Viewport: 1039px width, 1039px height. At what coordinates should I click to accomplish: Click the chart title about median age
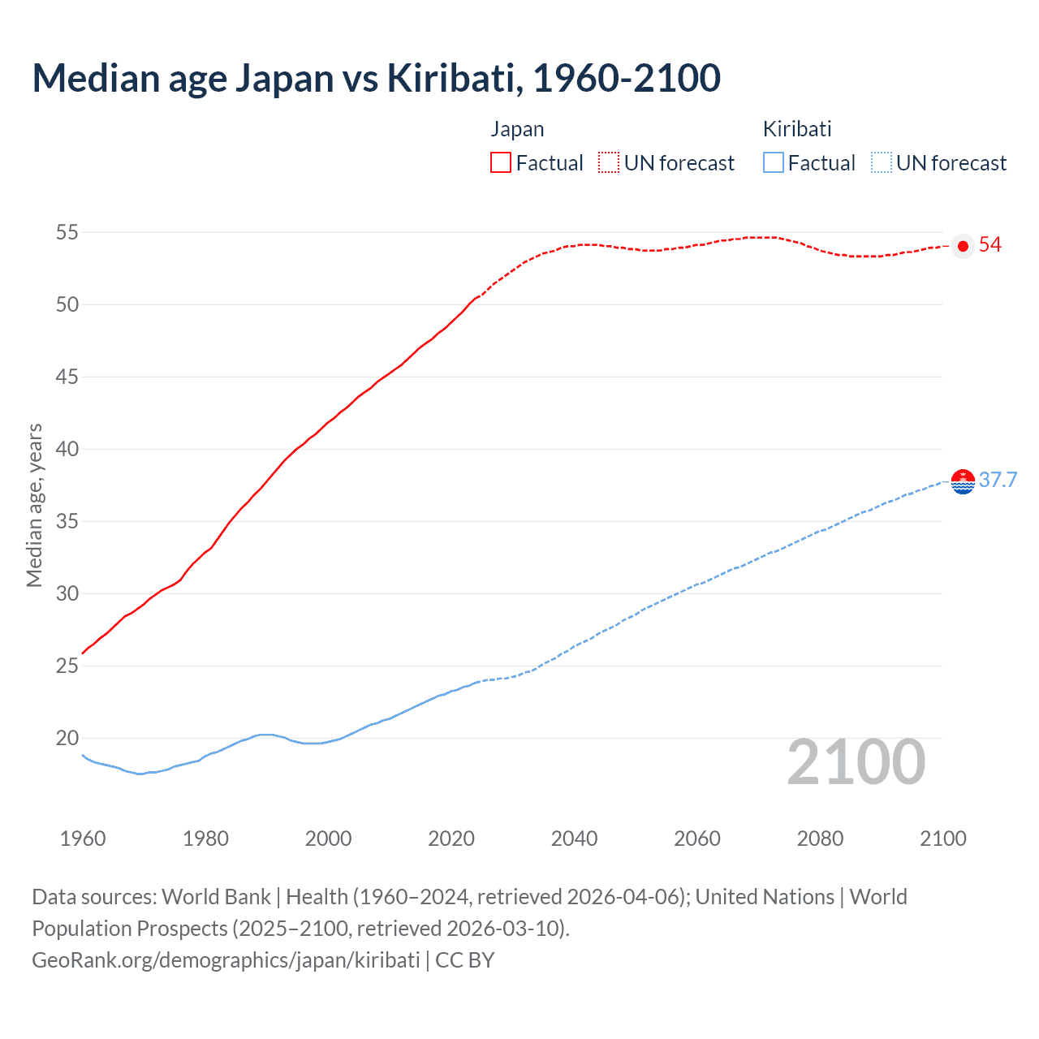point(376,78)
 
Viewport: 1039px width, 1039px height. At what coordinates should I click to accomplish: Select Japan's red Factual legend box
point(501,162)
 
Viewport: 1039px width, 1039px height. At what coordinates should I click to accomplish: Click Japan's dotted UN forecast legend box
point(609,162)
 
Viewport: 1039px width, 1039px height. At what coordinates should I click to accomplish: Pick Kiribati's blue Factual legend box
point(773,162)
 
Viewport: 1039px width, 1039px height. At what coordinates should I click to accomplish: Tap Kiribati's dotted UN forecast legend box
point(881,162)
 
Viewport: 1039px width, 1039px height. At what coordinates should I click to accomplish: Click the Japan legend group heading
point(517,129)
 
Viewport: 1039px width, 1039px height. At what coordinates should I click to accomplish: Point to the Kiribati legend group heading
point(797,129)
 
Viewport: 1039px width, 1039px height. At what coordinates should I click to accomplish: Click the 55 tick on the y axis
point(67,232)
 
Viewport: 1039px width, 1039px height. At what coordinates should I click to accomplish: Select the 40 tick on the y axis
point(67,449)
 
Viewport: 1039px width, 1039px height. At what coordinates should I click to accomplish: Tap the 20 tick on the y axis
point(67,738)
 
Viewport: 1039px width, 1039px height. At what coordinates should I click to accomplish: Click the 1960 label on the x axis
point(83,839)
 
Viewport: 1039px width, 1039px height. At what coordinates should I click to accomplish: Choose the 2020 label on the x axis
point(451,839)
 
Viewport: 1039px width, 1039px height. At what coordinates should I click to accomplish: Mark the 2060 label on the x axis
point(697,839)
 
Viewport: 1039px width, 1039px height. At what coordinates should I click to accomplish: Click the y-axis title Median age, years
point(34,505)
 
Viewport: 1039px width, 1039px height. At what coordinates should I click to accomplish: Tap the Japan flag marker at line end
point(963,246)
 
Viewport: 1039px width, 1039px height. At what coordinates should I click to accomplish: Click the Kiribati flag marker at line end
point(963,481)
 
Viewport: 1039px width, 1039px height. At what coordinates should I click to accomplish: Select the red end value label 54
point(990,245)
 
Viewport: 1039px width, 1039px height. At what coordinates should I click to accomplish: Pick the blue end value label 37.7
point(998,480)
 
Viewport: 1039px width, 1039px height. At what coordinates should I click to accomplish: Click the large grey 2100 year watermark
point(856,761)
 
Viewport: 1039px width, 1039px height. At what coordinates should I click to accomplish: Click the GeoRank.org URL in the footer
point(226,959)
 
